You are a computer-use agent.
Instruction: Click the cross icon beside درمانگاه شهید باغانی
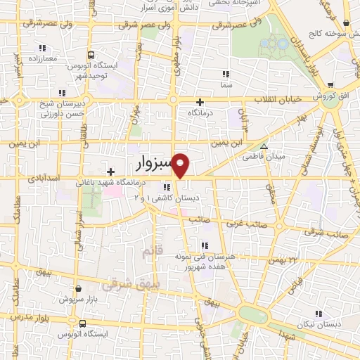click(110, 172)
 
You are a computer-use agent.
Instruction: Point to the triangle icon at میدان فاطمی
click(264, 147)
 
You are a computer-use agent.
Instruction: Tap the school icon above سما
click(226, 74)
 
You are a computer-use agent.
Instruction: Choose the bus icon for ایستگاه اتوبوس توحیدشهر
click(91, 55)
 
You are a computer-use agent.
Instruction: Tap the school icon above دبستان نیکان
click(318, 314)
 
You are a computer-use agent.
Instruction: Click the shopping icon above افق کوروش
click(330, 84)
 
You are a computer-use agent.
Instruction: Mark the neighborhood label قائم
click(151, 250)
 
